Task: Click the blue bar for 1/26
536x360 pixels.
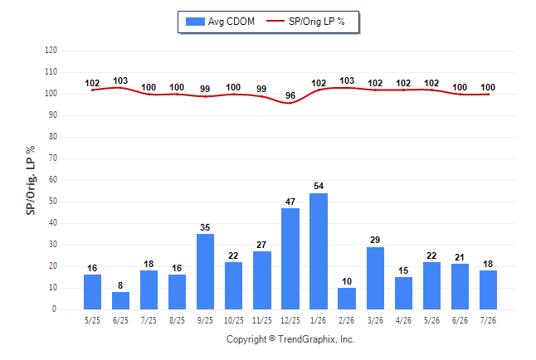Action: pyautogui.click(x=319, y=251)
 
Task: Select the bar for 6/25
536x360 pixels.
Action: pyautogui.click(x=120, y=301)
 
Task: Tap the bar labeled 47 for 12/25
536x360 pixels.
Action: pyautogui.click(x=290, y=259)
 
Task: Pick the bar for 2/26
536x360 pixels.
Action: pyautogui.click(x=347, y=299)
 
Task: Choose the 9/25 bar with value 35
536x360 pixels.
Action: pyautogui.click(x=205, y=272)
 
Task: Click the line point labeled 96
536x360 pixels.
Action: pyautogui.click(x=290, y=103)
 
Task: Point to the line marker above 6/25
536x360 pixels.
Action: pyautogui.click(x=120, y=88)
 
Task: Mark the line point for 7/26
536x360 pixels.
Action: pyautogui.click(x=488, y=95)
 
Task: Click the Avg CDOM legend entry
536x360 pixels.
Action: pyautogui.click(x=220, y=22)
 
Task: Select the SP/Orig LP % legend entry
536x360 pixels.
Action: pyautogui.click(x=305, y=22)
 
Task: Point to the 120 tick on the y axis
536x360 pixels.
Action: pyautogui.click(x=51, y=51)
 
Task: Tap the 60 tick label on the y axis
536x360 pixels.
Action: pyautogui.click(x=52, y=180)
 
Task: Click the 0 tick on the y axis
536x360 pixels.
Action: pyautogui.click(x=55, y=309)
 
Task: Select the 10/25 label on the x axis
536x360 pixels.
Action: pyautogui.click(x=233, y=320)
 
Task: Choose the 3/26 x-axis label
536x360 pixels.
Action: pyautogui.click(x=375, y=320)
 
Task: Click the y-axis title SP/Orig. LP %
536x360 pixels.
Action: pyautogui.click(x=31, y=180)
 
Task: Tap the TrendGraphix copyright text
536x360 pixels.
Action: pyautogui.click(x=290, y=339)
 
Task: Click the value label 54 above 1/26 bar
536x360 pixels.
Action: pyautogui.click(x=319, y=186)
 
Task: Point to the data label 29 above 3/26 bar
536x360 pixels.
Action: pyautogui.click(x=375, y=240)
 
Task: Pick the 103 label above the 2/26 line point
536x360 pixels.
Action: pyautogui.click(x=347, y=80)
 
